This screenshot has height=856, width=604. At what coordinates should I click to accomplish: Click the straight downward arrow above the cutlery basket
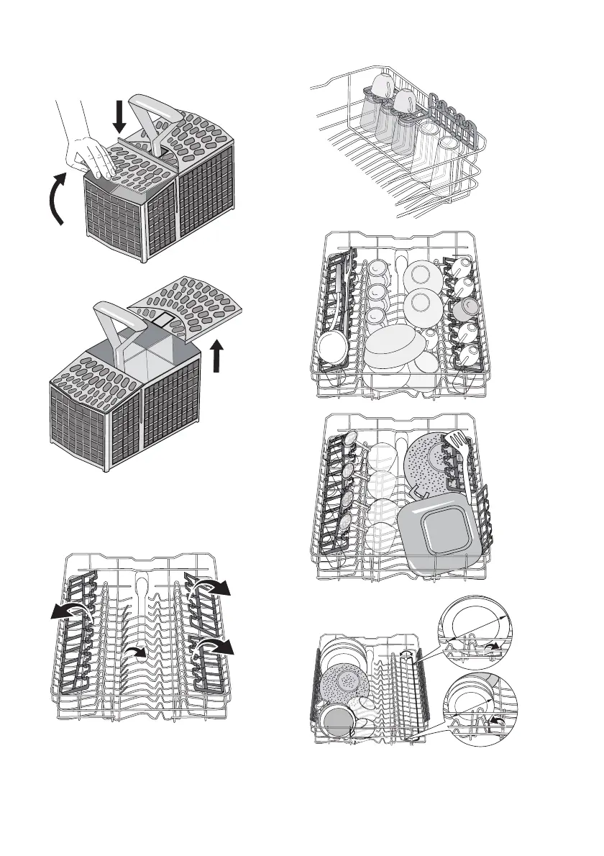point(120,116)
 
